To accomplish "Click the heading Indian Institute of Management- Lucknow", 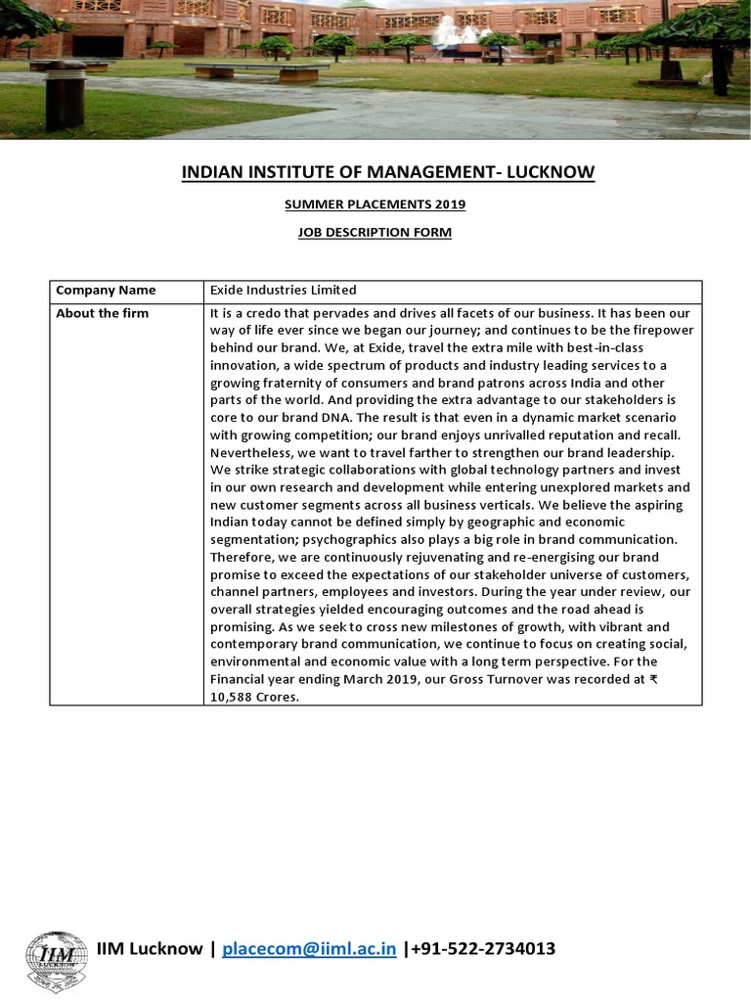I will [388, 173].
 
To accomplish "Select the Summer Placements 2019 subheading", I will [375, 205].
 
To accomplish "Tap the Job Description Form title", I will [375, 232].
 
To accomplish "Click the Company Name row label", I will [106, 291].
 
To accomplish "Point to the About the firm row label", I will [103, 313].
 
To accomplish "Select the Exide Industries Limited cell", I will [284, 291].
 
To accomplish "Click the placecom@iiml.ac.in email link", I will [309, 948].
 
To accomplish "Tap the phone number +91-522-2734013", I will [484, 948].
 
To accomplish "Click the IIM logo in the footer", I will [56, 960].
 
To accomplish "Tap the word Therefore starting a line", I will [240, 557].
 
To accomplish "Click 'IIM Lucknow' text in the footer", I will [149, 948].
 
